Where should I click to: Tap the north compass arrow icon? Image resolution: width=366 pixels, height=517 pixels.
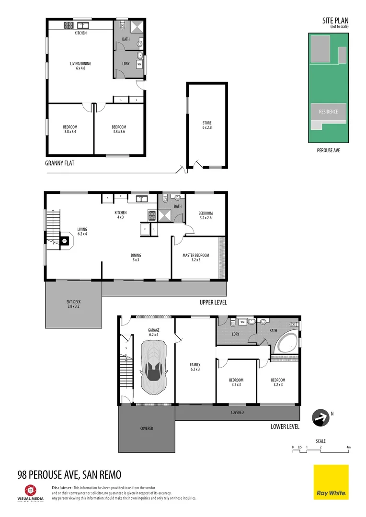(320, 417)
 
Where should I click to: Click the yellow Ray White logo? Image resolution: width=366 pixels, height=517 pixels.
(331, 482)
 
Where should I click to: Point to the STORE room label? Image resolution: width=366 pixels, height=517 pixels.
(206, 125)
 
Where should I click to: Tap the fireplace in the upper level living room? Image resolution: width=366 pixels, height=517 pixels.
(64, 240)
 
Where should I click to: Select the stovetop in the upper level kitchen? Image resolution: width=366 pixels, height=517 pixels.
(152, 215)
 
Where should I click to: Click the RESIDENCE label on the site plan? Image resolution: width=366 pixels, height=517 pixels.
(328, 112)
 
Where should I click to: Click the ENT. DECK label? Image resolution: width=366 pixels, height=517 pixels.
(73, 304)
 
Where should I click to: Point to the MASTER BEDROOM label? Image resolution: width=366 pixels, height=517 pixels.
(195, 258)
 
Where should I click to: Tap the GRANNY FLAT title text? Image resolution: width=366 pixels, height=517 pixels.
(59, 163)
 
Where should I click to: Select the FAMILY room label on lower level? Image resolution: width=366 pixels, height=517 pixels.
(195, 367)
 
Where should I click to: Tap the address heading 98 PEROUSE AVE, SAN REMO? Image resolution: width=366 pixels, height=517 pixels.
(69, 474)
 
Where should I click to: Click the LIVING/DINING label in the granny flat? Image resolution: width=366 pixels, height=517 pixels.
(80, 66)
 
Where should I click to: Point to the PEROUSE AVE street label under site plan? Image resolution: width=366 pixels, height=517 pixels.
(328, 150)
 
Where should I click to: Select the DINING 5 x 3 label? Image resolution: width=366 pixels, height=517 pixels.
(136, 258)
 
